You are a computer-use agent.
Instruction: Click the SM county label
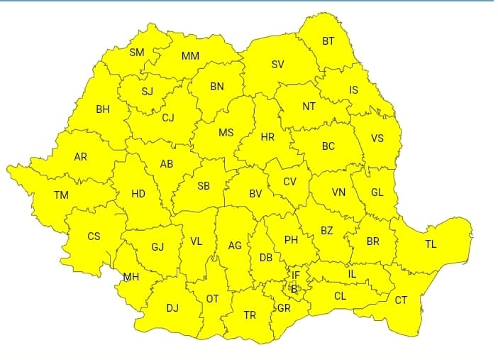click(137, 53)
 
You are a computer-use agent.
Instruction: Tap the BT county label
click(328, 41)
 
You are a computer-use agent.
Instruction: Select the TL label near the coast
click(431, 244)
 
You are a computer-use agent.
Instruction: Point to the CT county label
click(401, 300)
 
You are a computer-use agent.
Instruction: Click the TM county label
click(61, 194)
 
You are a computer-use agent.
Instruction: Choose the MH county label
click(131, 276)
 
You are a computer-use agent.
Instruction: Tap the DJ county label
click(172, 307)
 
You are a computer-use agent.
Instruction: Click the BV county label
click(256, 193)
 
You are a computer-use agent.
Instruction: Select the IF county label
click(296, 275)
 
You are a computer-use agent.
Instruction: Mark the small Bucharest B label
click(293, 288)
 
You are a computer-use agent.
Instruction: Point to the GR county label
click(284, 308)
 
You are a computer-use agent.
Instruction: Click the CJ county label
click(168, 118)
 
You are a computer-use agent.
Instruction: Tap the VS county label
click(377, 138)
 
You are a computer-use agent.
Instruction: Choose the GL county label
click(377, 192)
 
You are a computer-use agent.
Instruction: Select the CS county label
click(94, 236)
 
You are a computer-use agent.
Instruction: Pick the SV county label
click(278, 65)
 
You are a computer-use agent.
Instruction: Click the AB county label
click(167, 164)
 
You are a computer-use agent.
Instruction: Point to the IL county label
click(352, 273)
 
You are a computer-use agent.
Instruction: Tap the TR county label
click(250, 315)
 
